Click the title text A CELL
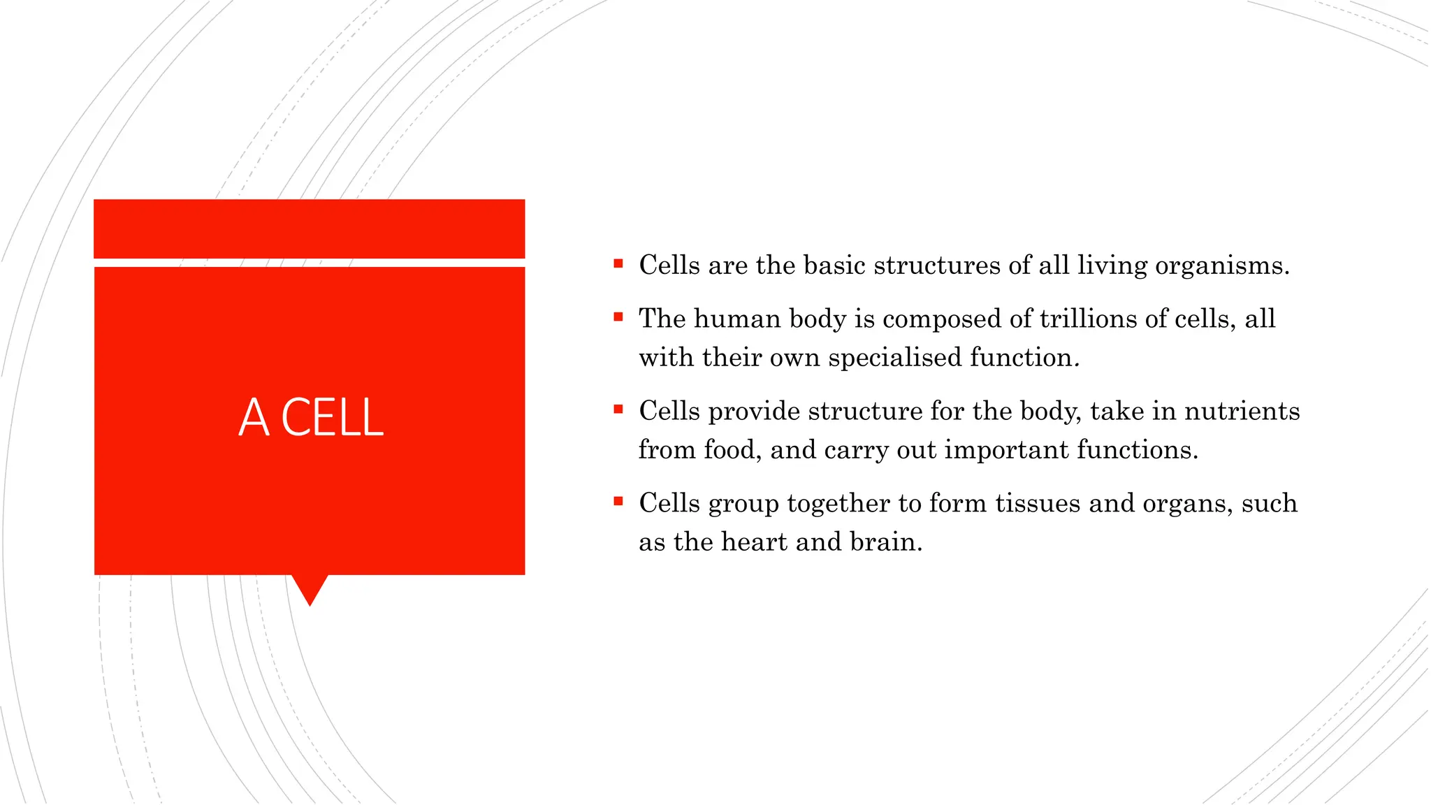311,417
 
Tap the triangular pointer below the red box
310,588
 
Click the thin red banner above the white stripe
309,229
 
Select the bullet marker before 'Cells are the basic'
618,263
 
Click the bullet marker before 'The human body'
618,317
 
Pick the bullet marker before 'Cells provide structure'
618,409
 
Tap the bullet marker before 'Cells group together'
618,501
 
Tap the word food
732,450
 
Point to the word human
737,319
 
